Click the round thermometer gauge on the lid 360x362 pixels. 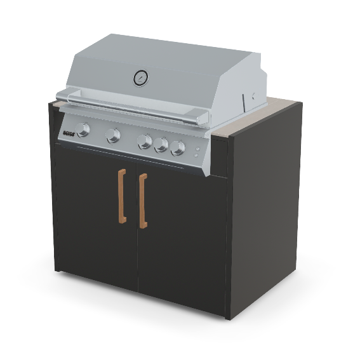click(x=140, y=78)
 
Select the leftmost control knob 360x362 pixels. click(x=84, y=130)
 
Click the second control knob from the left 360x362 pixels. click(x=114, y=135)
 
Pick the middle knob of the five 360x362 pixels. click(x=145, y=142)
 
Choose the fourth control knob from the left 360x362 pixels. click(x=161, y=145)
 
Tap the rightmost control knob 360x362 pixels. click(x=178, y=148)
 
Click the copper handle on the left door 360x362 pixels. click(x=121, y=196)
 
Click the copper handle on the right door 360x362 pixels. click(x=143, y=201)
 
